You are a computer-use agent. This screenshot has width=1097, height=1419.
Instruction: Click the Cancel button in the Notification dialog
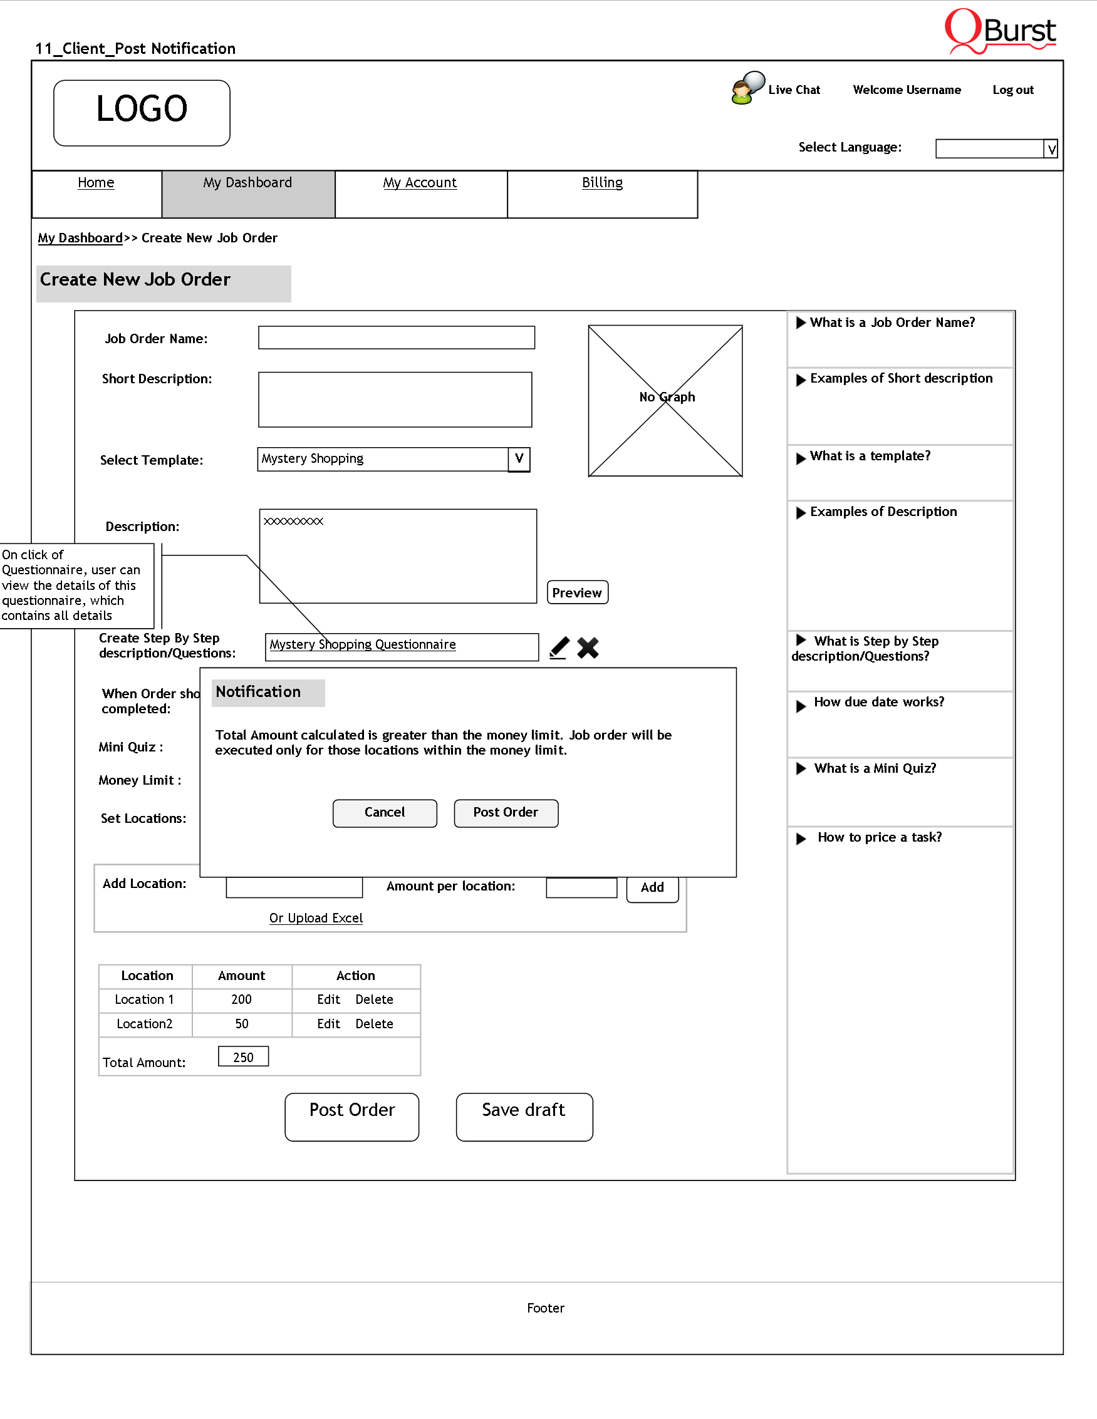tap(385, 813)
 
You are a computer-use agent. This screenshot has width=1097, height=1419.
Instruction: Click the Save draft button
tap(524, 1117)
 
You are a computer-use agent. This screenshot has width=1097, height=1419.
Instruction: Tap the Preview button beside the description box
tap(577, 592)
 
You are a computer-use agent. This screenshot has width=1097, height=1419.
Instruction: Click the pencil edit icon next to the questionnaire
tap(559, 648)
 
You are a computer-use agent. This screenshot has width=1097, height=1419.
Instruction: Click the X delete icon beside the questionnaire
tap(588, 648)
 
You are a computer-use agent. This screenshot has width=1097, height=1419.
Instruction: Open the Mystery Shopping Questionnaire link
tap(363, 644)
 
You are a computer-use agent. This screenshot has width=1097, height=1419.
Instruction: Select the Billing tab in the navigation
tap(602, 183)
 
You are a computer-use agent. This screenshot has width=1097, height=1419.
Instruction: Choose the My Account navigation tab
tap(420, 183)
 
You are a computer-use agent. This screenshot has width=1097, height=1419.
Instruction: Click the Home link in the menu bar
tap(95, 183)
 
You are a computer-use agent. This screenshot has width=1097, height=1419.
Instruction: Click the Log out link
tap(1012, 90)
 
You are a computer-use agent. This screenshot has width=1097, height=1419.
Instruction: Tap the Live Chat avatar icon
tap(747, 88)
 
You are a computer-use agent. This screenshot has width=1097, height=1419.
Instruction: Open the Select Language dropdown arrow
tap(1051, 149)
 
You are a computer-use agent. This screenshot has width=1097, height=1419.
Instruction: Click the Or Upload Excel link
tap(316, 918)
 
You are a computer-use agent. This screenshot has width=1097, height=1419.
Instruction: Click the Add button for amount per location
tap(652, 888)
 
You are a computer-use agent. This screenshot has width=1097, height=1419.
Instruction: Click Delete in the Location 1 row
tap(374, 1000)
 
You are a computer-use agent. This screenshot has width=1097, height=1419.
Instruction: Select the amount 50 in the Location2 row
tap(242, 1024)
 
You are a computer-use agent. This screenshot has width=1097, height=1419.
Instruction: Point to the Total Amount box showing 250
tap(243, 1057)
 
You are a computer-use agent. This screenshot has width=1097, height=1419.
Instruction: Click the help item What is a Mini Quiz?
tap(875, 768)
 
